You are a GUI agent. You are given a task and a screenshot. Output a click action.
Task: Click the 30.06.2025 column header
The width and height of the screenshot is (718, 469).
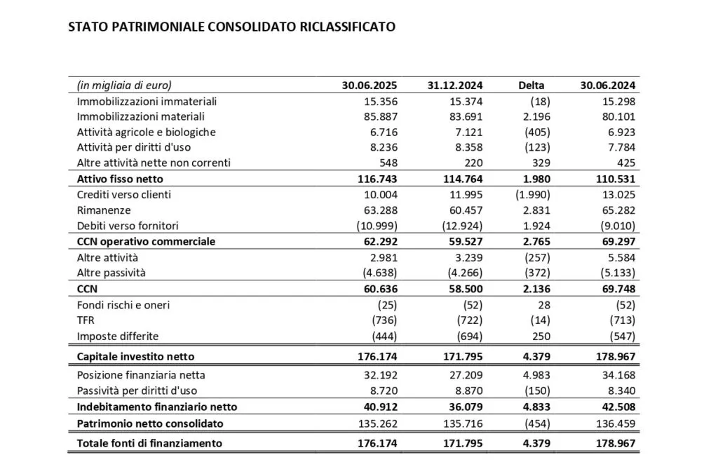click(370, 86)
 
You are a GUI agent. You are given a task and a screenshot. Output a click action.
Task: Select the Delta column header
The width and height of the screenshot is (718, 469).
click(531, 86)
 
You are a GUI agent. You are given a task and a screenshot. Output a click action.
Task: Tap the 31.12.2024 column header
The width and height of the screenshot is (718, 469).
click(454, 86)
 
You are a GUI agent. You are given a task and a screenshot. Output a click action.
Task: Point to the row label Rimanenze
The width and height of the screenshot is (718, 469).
click(104, 210)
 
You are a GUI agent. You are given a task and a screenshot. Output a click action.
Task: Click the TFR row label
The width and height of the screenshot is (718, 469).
click(87, 320)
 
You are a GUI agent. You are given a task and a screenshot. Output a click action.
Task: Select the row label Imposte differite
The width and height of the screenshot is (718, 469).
click(118, 336)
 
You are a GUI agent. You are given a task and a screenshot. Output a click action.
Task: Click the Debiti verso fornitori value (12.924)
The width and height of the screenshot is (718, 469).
click(459, 226)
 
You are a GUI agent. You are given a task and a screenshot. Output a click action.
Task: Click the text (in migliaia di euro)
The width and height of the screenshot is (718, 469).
click(124, 86)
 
